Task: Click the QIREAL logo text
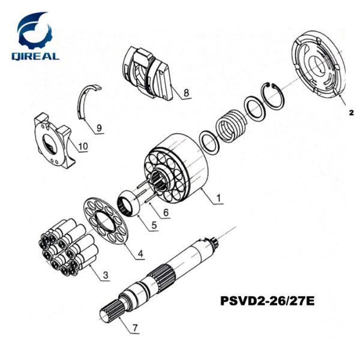click(37, 56)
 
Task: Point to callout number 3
click(105, 275)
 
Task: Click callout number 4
click(140, 254)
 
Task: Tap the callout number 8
click(187, 93)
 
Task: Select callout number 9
click(100, 127)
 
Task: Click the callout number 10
click(83, 146)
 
